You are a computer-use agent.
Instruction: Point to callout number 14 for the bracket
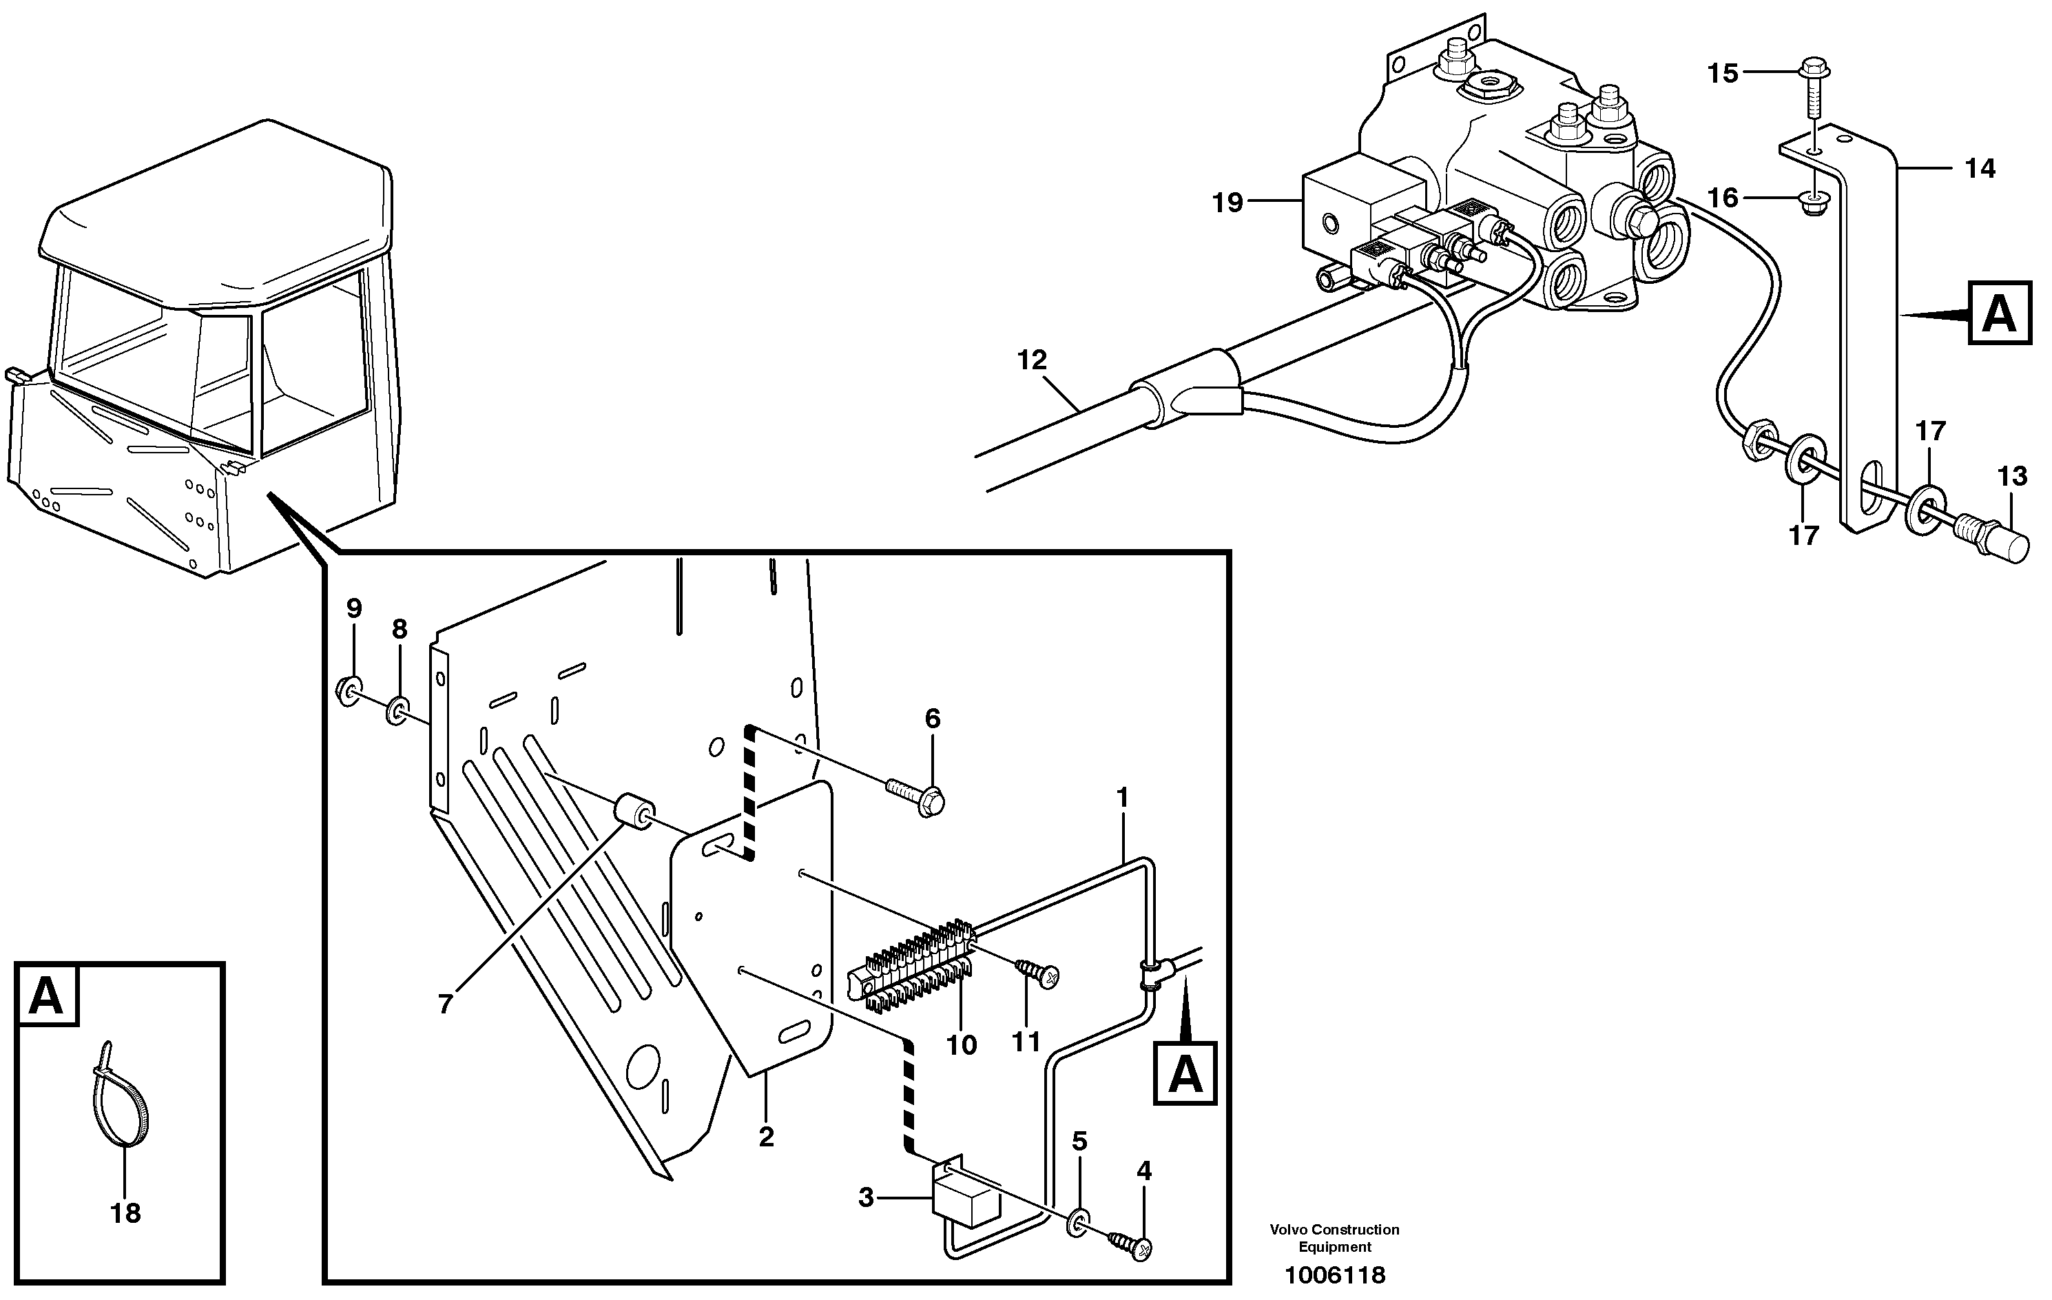click(1980, 169)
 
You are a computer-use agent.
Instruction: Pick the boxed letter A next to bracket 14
click(1998, 313)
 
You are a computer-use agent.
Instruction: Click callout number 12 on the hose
click(1031, 360)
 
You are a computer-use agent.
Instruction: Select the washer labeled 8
click(398, 709)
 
